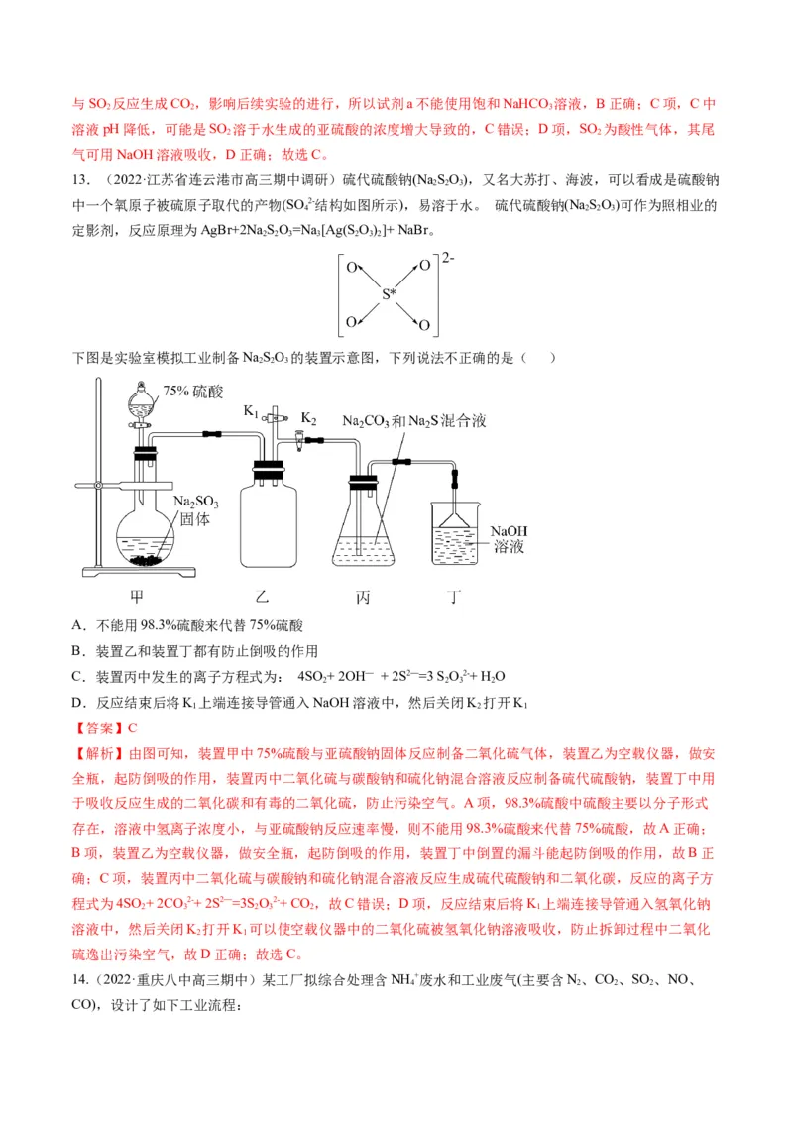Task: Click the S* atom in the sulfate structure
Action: point(391,294)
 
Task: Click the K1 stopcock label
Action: point(252,411)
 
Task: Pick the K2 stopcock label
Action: point(308,419)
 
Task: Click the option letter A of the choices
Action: point(78,625)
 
